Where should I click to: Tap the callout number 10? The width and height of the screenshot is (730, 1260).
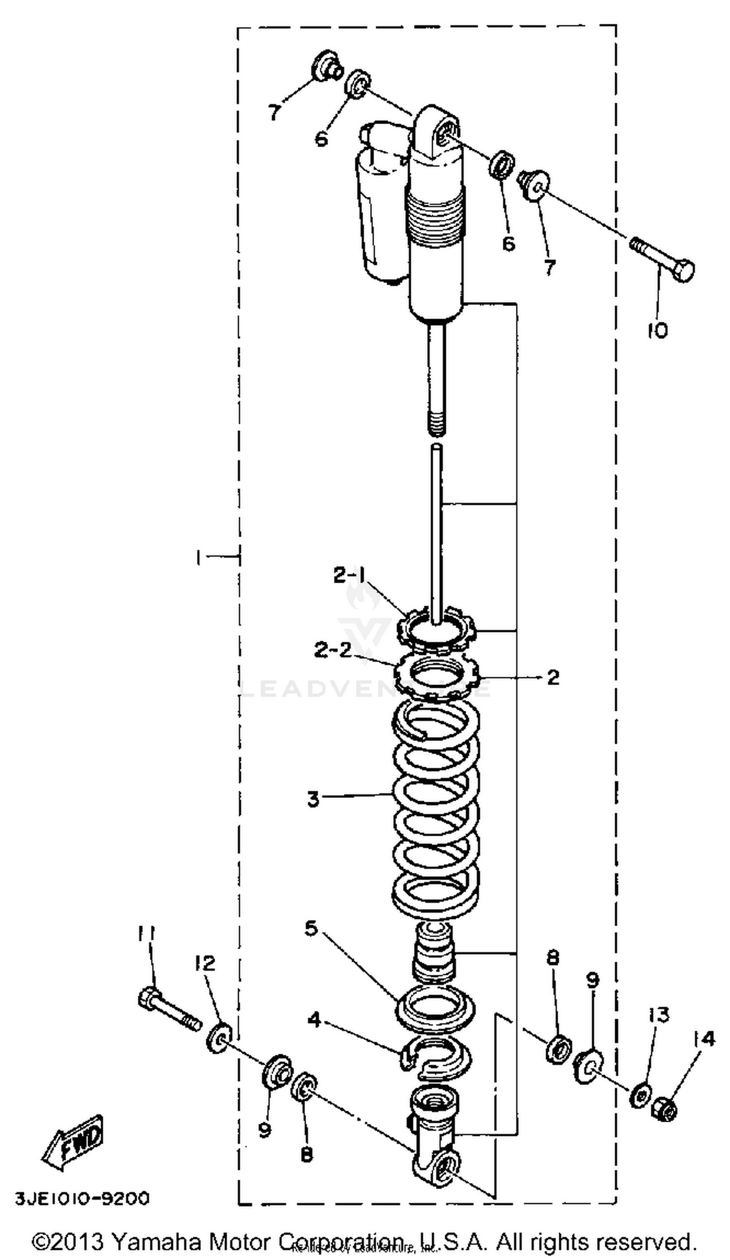657,330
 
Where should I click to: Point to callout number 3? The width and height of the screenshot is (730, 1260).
313,799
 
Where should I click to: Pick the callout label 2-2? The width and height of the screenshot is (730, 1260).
333,650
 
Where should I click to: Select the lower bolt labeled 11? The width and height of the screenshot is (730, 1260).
167,1011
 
